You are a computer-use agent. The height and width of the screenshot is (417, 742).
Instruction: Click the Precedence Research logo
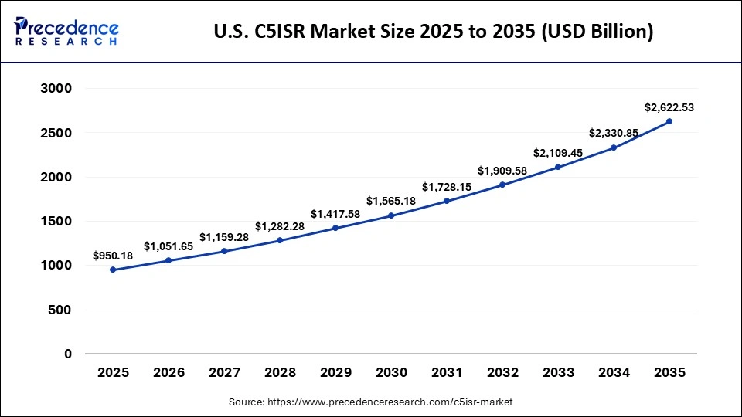66,31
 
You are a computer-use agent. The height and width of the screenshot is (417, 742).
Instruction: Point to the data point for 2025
113,270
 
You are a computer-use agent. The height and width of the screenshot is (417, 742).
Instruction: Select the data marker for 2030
391,215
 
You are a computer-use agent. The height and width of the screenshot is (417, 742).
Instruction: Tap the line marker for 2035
669,121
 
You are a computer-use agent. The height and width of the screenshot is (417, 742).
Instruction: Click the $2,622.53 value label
669,107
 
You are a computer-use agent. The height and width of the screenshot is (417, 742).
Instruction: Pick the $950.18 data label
113,256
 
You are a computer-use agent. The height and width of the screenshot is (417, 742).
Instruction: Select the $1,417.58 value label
335,213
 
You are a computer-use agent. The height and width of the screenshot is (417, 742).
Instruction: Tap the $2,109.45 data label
558,152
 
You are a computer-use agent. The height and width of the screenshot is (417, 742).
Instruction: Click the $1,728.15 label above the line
447,187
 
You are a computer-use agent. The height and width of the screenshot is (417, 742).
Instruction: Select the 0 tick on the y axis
67,354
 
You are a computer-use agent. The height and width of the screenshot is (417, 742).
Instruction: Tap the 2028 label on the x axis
280,373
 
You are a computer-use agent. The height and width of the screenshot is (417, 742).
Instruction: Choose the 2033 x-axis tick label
558,373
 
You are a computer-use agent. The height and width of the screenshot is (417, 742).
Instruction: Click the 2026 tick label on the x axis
168,373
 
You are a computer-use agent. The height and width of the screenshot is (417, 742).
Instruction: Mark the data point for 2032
502,185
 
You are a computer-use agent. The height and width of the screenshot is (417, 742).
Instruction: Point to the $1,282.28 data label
280,226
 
